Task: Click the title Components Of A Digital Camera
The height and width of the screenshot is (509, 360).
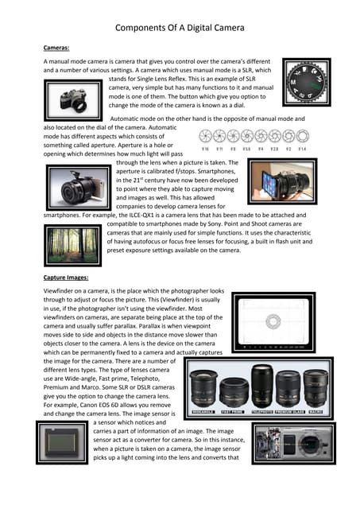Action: (x=180, y=29)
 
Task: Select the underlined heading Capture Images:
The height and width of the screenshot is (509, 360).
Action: (x=71, y=278)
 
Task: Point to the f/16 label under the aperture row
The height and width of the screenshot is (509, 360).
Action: (x=206, y=148)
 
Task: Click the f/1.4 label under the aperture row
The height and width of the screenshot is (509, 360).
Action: (x=303, y=148)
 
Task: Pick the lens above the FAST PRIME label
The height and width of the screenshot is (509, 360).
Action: (x=235, y=390)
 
